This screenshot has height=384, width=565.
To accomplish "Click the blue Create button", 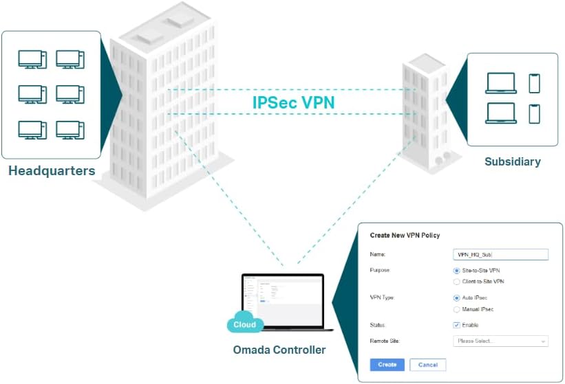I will point(387,365).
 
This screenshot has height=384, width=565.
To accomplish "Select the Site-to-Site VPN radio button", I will point(456,271).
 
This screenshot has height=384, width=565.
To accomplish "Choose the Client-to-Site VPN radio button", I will point(456,282).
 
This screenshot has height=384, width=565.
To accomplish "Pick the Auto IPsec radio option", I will point(456,298).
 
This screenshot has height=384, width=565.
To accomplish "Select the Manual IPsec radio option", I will point(456,309).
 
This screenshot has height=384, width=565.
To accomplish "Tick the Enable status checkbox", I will point(456,325).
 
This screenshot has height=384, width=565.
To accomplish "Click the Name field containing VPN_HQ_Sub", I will point(500,254).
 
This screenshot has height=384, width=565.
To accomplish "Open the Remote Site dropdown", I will point(500,341).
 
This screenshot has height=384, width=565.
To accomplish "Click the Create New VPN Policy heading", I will point(405,236).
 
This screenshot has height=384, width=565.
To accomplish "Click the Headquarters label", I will point(52,170).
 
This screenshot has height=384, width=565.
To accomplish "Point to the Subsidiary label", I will point(512,162).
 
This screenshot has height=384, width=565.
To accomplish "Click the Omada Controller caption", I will point(279,350).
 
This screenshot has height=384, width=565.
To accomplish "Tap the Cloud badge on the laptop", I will point(244,325).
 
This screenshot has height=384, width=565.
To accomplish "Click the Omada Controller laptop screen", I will point(282,299).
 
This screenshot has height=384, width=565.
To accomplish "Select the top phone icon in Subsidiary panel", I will point(534,83).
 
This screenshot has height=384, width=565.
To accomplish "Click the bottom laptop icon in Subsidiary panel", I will point(500,113).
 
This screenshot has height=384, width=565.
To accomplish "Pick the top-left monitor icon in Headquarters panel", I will point(33,59).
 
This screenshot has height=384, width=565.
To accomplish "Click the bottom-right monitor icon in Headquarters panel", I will point(70,130).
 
